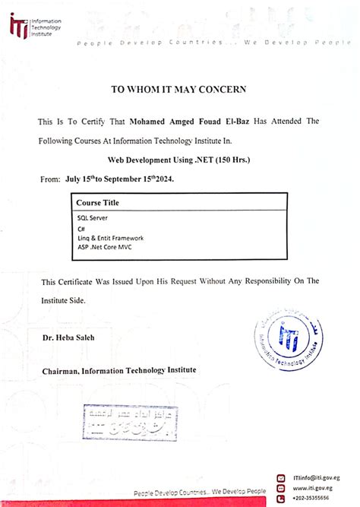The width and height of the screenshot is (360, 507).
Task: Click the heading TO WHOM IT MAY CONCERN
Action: (178, 89)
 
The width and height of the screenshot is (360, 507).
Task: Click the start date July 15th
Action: (89, 179)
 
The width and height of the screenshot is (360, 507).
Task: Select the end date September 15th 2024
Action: (147, 179)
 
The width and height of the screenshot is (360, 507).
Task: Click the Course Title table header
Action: (97, 203)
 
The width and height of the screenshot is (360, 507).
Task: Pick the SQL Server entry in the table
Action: (92, 217)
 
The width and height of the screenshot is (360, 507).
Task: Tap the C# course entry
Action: (81, 228)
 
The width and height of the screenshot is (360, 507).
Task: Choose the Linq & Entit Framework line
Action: (110, 237)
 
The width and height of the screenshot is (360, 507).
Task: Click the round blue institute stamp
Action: (290, 337)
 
